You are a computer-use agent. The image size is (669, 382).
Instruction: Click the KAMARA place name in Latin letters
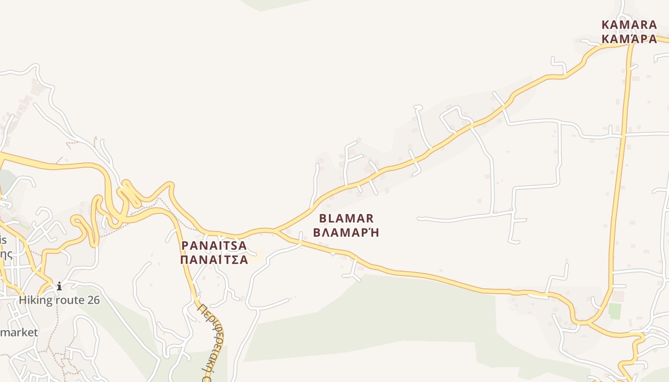(x=629, y=25)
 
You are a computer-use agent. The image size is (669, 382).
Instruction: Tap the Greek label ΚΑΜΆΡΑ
(x=629, y=39)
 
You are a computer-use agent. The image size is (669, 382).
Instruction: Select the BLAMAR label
(x=346, y=219)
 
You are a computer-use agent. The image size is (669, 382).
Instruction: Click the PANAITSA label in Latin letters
(x=214, y=246)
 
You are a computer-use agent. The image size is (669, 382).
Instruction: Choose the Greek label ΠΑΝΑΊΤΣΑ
(x=214, y=260)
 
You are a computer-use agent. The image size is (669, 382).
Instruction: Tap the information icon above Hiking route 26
(x=59, y=286)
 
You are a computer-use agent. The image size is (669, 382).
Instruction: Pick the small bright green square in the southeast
(x=615, y=311)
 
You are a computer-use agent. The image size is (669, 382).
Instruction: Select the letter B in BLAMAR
(x=323, y=219)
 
